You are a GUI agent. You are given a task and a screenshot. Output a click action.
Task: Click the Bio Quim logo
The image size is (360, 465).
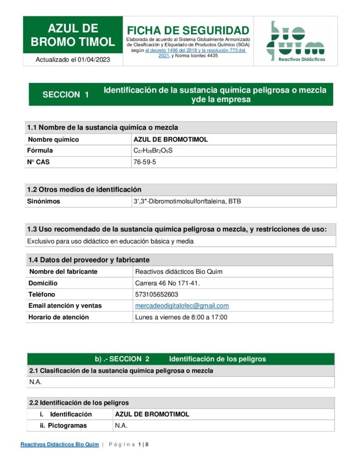point(295,41)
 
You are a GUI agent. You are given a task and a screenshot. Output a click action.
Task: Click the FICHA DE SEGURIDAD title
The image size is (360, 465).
point(188,30)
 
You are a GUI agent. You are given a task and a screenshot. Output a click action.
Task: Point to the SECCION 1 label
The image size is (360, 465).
point(65,94)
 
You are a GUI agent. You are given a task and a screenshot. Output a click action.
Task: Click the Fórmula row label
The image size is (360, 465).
point(40,150)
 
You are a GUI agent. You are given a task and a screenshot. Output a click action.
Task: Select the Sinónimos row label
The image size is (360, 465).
point(44,201)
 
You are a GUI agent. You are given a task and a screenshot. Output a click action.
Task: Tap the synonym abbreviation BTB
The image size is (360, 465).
point(235,201)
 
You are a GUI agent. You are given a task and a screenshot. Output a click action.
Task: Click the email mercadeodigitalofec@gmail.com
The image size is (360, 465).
point(182,306)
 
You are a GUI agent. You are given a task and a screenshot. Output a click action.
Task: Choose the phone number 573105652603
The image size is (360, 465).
point(156,294)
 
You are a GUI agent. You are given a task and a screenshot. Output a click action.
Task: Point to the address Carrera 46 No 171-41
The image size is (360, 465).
point(167,283)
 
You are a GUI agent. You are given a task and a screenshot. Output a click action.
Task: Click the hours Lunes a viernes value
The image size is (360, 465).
point(181,317)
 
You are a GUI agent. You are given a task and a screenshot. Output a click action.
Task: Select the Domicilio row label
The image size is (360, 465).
point(43,283)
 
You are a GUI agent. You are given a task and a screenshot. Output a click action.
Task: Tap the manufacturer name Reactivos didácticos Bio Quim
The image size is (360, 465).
point(179,272)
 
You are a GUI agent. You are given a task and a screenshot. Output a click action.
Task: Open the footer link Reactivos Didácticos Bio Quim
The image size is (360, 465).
point(60,445)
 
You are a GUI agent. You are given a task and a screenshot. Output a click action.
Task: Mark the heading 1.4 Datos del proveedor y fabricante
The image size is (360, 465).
point(89,260)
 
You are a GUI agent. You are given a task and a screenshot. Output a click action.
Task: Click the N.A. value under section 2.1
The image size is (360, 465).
point(35,382)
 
